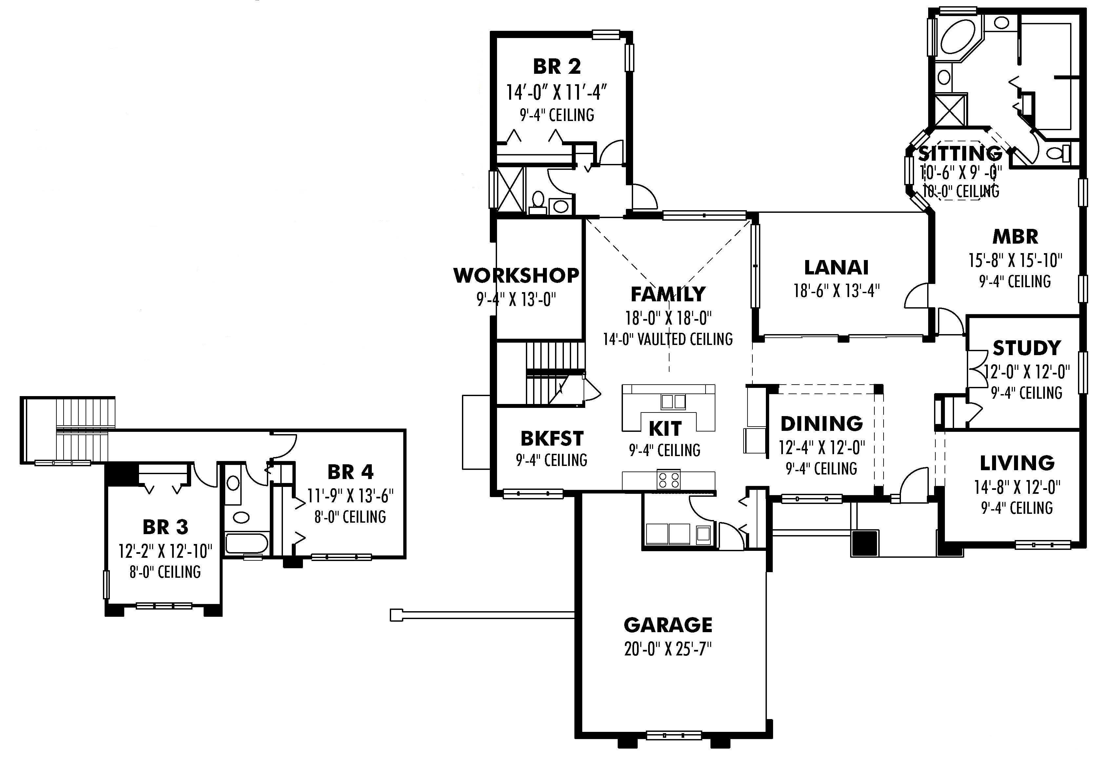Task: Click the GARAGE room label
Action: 668,625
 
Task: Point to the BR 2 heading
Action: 557,67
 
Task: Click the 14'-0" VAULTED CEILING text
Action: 668,339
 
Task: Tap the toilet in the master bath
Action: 1059,153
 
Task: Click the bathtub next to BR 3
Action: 246,543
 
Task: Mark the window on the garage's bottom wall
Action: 674,735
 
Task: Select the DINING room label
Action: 821,424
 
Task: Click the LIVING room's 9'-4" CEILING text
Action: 1017,507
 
